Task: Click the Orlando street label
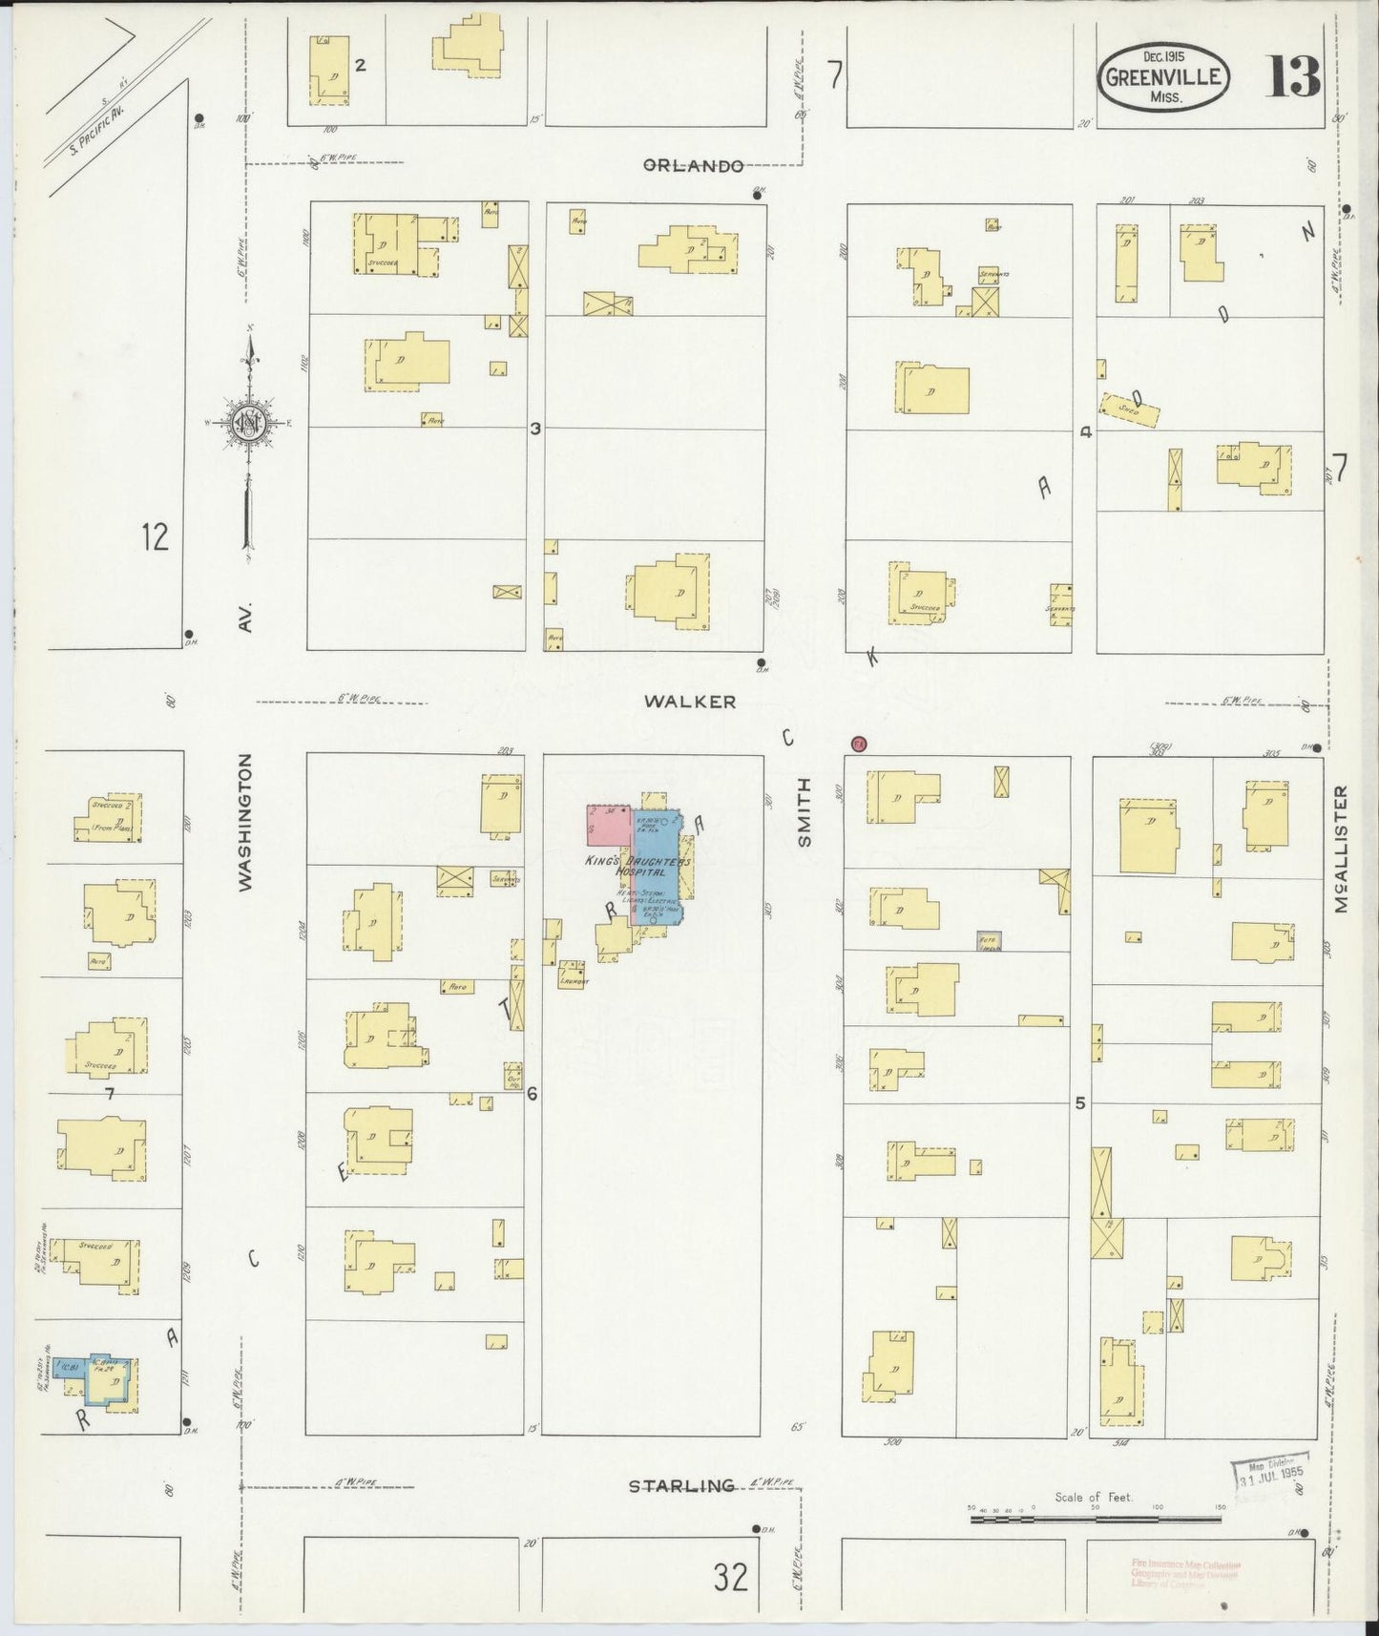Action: (693, 165)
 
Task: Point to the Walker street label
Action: (689, 702)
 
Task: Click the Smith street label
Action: (804, 812)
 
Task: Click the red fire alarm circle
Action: (858, 745)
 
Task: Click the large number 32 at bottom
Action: (731, 1579)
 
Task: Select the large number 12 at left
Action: (154, 537)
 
